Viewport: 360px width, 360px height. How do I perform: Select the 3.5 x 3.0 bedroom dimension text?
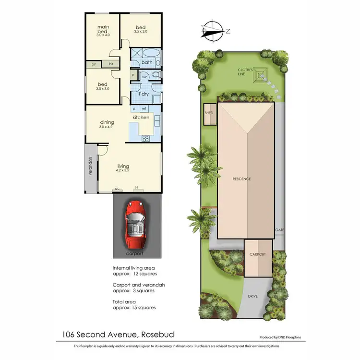pyautogui.click(x=141, y=31)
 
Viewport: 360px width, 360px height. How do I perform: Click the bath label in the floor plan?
pyautogui.click(x=147, y=62)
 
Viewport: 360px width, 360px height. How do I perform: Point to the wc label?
pyautogui.click(x=144, y=77)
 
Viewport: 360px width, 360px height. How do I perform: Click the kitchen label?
pyautogui.click(x=141, y=118)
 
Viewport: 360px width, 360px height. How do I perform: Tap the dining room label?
pyautogui.click(x=107, y=122)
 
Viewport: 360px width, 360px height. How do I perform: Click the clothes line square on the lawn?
pyautogui.click(x=262, y=75)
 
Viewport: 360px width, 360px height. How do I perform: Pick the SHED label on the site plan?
pyautogui.click(x=209, y=114)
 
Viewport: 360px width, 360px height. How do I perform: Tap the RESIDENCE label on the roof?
pyautogui.click(x=242, y=179)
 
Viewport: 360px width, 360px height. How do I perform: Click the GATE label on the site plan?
pyautogui.click(x=280, y=230)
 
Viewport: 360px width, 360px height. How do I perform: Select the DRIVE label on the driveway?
pyautogui.click(x=253, y=296)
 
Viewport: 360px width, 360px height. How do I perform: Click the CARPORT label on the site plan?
pyautogui.click(x=258, y=254)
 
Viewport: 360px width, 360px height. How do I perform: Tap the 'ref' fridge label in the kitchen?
pyautogui.click(x=144, y=109)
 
